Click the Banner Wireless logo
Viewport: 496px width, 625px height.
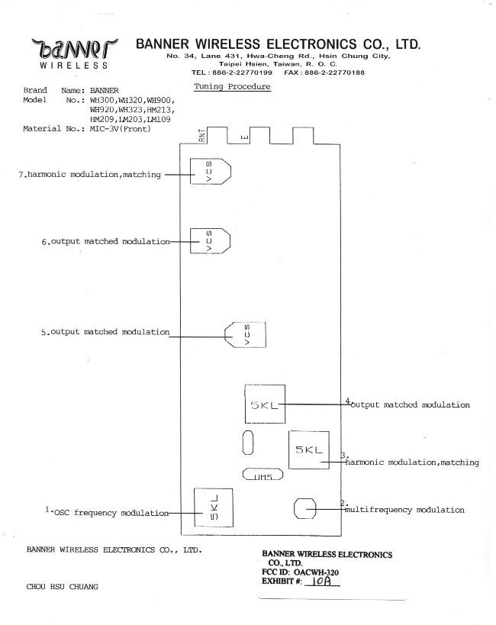[74, 53]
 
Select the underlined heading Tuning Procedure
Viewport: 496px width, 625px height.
[233, 87]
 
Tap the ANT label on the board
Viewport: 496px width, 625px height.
[202, 136]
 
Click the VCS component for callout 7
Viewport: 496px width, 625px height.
[210, 172]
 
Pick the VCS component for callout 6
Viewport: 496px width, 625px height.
[210, 240]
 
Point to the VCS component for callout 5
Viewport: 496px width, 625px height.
[245, 335]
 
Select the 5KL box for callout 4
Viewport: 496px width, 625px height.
[265, 404]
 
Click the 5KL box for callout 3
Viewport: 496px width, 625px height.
[309, 450]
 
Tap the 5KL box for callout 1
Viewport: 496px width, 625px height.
[214, 507]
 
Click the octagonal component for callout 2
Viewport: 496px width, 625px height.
[304, 508]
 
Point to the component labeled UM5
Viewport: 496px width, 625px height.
[263, 475]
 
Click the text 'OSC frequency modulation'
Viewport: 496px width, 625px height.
[111, 513]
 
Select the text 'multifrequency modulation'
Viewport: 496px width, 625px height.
[404, 510]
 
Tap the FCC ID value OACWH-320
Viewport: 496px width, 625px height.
[316, 572]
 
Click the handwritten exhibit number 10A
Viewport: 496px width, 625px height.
[321, 582]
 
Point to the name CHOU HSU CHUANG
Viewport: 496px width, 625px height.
[63, 587]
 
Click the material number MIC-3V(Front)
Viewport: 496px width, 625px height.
[121, 129]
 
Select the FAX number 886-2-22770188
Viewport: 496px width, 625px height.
[334, 72]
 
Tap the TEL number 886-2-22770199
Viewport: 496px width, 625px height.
[243, 72]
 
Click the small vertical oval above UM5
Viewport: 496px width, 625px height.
[248, 443]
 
